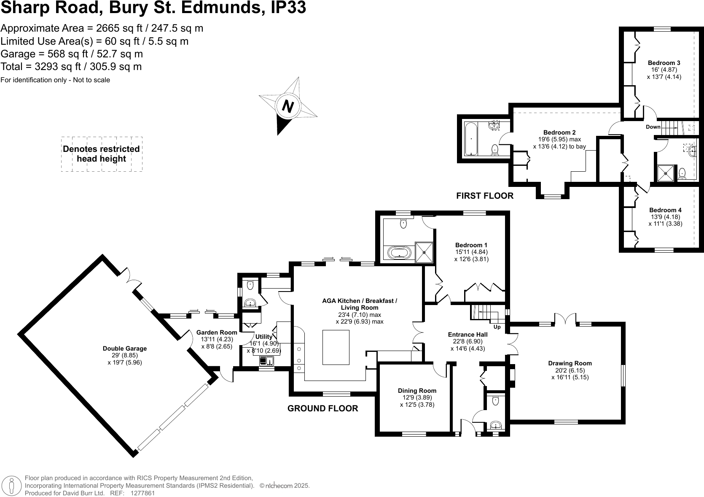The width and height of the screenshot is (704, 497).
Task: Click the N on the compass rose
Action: [x=288, y=106]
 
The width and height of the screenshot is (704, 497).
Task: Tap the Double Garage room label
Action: [x=125, y=348]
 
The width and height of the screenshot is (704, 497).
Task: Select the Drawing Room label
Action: [x=570, y=363]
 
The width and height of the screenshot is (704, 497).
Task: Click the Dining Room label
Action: [x=417, y=391]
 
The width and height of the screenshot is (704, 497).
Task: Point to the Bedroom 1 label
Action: [x=471, y=245]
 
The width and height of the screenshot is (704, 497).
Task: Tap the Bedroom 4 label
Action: [x=665, y=210]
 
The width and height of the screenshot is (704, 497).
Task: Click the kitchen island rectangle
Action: [x=336, y=347]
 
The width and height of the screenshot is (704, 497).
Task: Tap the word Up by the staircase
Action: [x=497, y=327]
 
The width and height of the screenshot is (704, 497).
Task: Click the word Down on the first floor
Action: [x=653, y=127]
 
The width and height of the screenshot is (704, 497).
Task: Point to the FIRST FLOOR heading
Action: [x=485, y=196]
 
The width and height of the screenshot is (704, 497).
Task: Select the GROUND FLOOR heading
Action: [x=322, y=408]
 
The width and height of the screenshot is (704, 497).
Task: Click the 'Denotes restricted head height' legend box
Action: [x=102, y=154]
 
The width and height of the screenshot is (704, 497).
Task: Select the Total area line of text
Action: [x=71, y=67]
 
